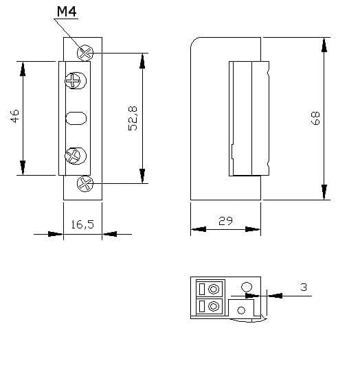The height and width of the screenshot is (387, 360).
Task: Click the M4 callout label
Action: pos(67,12)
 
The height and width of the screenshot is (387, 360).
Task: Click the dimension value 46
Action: pos(15,116)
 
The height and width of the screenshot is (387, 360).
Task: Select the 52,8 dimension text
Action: pos(133,119)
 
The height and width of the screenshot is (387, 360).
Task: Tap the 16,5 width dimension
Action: pos(82,224)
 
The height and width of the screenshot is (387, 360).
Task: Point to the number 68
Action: pos(315,119)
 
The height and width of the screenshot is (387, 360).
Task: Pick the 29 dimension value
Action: pos(225,221)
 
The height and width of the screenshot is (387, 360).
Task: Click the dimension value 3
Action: pos(304,288)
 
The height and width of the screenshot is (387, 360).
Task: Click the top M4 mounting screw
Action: pos(85,53)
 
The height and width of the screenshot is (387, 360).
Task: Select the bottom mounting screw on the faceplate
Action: pos(85,184)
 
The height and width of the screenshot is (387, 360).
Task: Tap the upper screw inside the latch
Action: pos(76,80)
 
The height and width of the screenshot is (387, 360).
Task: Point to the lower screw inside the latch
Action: pos(76,156)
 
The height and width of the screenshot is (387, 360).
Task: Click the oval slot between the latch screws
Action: pos(76,118)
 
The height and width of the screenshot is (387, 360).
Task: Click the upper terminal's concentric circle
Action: pos(214,289)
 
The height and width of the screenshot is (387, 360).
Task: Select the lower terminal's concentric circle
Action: pos(214,307)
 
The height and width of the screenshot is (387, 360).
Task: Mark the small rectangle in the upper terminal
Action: pos(202,289)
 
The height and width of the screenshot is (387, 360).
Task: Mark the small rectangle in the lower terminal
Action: pos(202,306)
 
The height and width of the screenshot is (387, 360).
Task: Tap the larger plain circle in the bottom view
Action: pos(247,288)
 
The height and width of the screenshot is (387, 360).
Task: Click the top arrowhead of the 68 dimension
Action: pos(324,45)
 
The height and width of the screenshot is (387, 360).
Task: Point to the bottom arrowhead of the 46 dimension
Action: pos(23,168)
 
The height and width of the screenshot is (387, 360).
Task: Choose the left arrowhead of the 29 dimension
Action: pos(199,229)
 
